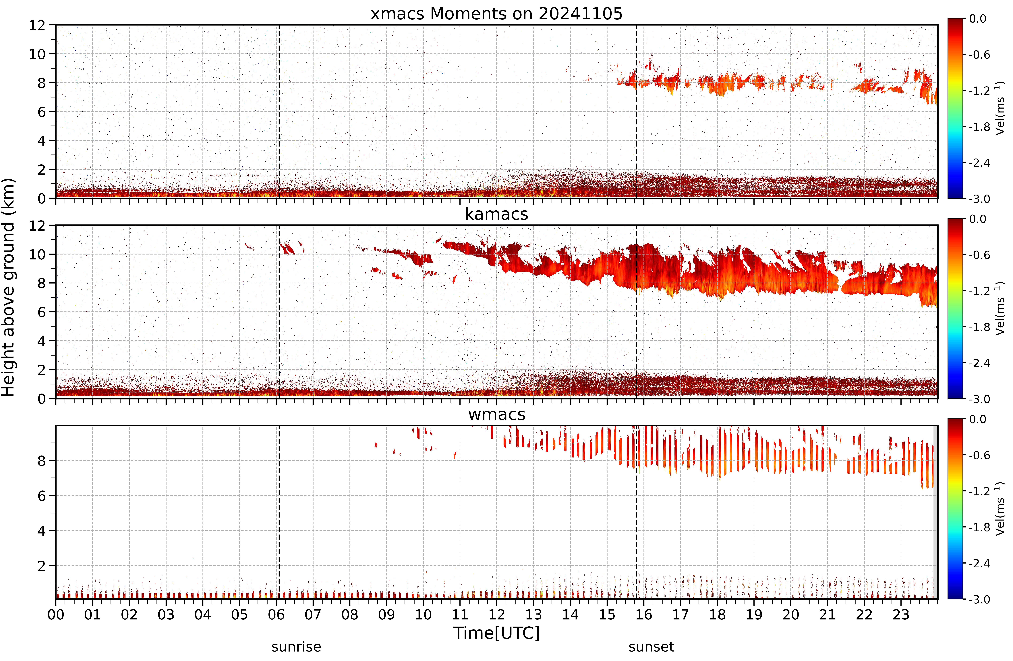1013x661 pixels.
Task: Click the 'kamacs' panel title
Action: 496,214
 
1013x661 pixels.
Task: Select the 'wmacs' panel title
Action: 496,414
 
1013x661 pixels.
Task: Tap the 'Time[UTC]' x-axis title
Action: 496,633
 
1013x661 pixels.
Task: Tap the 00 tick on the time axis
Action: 56,615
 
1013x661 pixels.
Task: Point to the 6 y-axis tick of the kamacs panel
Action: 41,312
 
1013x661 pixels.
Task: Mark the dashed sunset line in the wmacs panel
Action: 636,512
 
